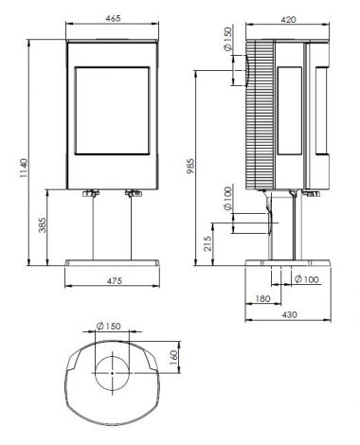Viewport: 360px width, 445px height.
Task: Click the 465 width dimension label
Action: (x=113, y=18)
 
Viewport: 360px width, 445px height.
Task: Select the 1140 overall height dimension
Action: (x=24, y=169)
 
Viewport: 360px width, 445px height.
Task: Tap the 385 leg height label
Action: (x=43, y=224)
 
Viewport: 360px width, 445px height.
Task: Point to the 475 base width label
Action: (x=114, y=280)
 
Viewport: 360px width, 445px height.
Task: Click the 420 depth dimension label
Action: (x=288, y=20)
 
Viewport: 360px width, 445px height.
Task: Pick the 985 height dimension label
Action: (x=190, y=166)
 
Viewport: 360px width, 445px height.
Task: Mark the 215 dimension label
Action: (x=207, y=243)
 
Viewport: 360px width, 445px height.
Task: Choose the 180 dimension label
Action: (x=262, y=298)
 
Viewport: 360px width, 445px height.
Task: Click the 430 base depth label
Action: (x=289, y=314)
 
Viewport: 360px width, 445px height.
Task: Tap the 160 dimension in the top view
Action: (x=174, y=357)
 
